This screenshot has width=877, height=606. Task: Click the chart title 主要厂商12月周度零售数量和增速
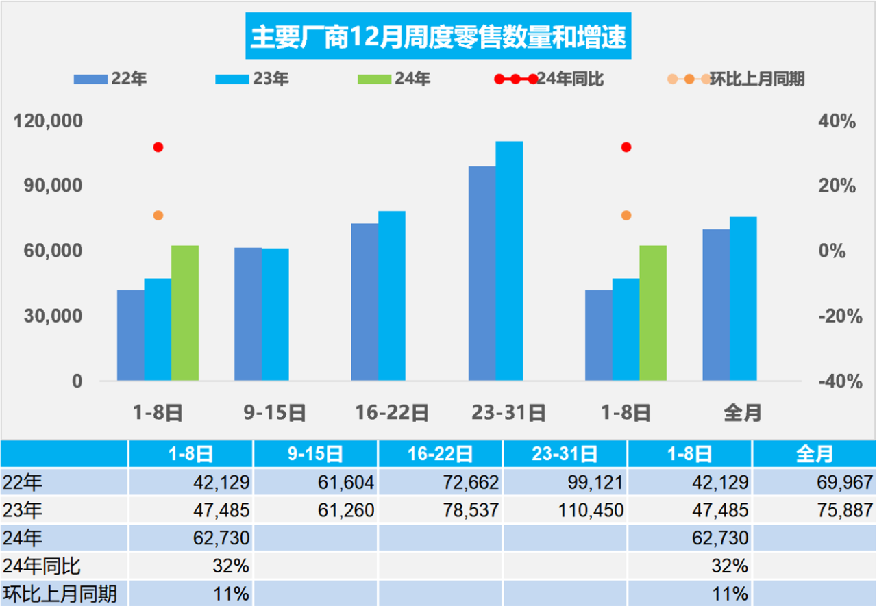(x=438, y=37)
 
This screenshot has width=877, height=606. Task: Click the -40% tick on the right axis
(x=839, y=381)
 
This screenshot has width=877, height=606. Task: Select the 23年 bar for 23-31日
(x=509, y=261)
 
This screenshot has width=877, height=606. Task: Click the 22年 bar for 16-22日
(x=365, y=301)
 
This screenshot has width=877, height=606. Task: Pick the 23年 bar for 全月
(x=743, y=299)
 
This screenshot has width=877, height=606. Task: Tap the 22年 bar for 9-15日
(x=248, y=314)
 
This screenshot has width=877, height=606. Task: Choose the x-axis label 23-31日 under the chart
(x=508, y=413)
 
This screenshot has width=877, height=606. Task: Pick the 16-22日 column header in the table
(x=440, y=454)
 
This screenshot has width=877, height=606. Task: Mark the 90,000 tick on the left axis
(x=53, y=186)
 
